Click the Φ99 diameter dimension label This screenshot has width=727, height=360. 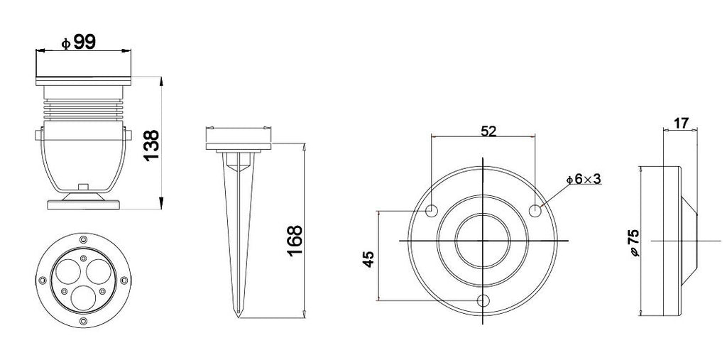coord(79,42)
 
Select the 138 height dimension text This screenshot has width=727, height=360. coord(152,145)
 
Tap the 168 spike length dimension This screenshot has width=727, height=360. coord(295,241)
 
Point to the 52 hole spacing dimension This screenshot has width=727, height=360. coord(488,131)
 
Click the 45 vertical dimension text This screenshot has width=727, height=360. coord(368,259)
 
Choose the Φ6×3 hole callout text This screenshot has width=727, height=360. coord(584,179)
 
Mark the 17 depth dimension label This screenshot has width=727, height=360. coord(681,123)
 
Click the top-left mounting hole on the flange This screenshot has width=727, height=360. coord(432,211)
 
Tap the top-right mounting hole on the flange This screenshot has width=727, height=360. coord(535,211)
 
